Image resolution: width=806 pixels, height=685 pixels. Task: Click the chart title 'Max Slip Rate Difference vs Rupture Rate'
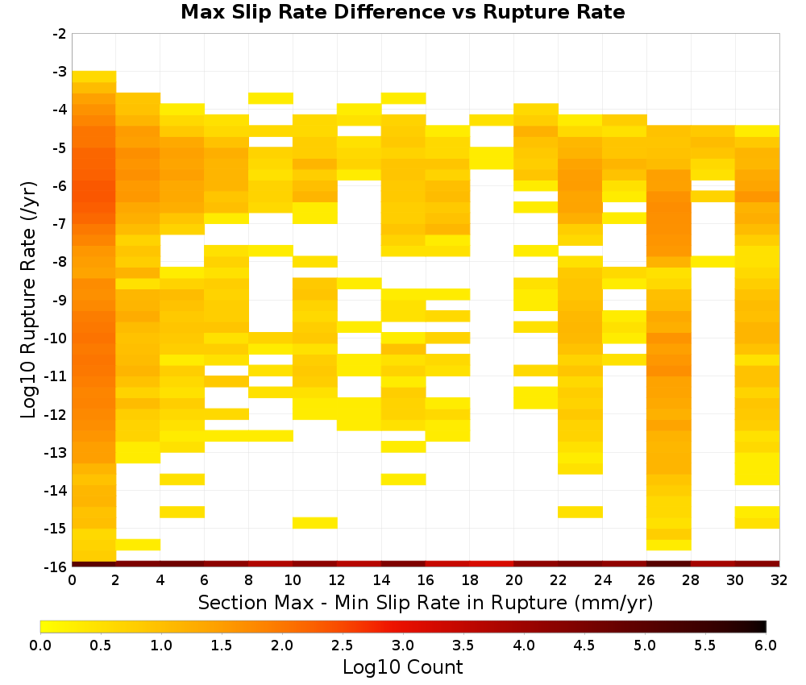(402, 12)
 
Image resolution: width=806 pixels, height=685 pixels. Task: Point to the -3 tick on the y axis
(60, 72)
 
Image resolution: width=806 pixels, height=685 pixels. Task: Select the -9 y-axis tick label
(60, 300)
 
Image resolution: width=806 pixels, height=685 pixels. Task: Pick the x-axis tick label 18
(469, 580)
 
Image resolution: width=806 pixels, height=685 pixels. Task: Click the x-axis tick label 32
(779, 580)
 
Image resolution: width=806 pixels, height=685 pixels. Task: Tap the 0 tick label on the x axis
(72, 580)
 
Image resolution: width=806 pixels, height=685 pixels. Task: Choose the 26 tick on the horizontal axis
(646, 580)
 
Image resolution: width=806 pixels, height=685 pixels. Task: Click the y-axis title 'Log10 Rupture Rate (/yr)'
(28, 300)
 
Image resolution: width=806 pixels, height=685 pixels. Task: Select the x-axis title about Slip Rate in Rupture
(426, 603)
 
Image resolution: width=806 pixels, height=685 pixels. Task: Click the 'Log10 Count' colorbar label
(402, 667)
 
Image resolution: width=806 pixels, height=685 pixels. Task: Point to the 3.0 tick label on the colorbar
(402, 646)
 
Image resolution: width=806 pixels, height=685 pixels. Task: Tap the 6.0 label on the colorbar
(766, 646)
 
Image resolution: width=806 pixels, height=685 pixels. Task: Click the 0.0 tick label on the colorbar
(40, 646)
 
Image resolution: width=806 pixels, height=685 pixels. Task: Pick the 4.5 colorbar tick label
(584, 646)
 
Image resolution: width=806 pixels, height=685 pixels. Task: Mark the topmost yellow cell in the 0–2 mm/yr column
(94, 77)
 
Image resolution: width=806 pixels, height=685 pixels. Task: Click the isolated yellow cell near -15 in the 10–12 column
(315, 522)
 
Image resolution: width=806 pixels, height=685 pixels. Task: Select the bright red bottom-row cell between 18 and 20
(492, 564)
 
